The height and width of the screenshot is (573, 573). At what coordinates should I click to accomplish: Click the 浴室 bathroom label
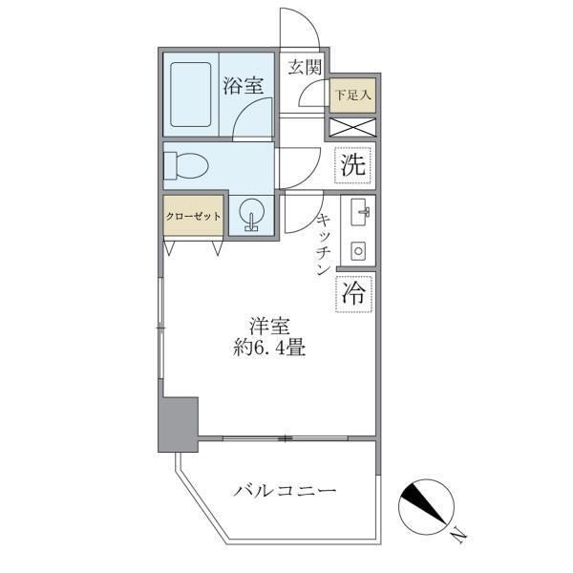tap(243, 85)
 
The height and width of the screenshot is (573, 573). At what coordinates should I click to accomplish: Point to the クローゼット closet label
tap(193, 216)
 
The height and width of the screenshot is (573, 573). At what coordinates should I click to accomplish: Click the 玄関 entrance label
tap(306, 68)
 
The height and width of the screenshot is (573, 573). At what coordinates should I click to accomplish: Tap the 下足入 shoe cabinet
tap(351, 95)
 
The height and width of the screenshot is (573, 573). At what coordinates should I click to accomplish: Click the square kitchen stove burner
tap(360, 251)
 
